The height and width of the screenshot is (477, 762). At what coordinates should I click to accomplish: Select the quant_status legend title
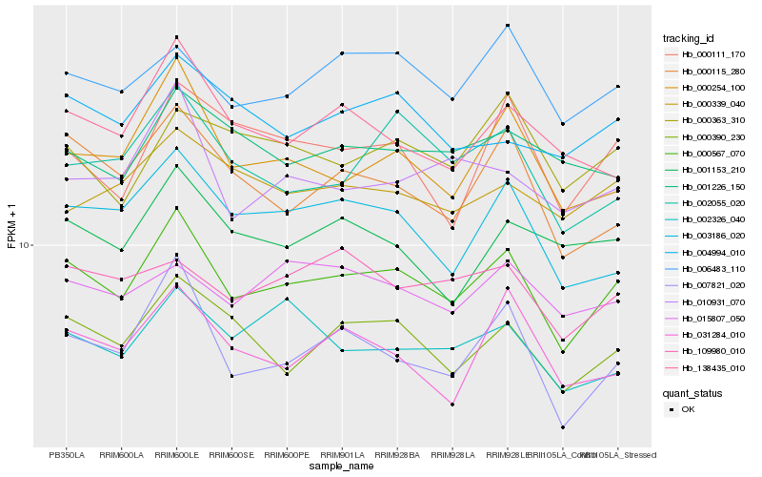[692, 392]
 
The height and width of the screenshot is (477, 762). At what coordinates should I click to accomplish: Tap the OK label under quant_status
[689, 409]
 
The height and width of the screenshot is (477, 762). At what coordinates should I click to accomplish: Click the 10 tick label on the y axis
[26, 245]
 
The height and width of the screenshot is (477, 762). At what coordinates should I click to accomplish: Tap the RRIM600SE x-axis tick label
[231, 454]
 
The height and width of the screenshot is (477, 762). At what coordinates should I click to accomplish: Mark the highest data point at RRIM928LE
[508, 25]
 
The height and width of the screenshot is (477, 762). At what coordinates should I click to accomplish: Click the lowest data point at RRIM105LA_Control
[563, 427]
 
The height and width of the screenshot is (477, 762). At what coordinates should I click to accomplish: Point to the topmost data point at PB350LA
[66, 73]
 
